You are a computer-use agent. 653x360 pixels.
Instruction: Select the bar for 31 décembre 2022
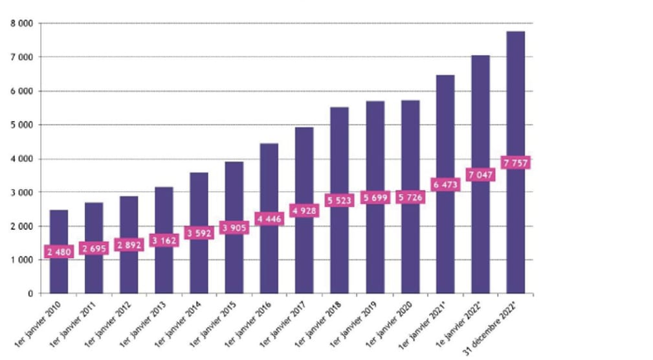(516, 227)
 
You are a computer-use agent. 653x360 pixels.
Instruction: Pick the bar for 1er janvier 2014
(199, 265)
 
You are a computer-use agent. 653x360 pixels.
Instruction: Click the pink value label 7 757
(516, 162)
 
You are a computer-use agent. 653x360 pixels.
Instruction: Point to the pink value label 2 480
(58, 251)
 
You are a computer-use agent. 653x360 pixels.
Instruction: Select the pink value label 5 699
(375, 197)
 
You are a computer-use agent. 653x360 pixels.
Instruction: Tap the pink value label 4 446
(269, 219)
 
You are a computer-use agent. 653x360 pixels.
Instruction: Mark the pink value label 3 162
(164, 241)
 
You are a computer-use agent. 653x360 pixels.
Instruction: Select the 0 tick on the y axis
(30, 293)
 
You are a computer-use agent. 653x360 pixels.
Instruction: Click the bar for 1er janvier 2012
(129, 272)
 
